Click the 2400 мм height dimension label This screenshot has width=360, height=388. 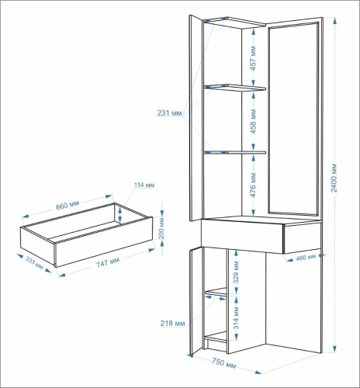[x=334, y=178]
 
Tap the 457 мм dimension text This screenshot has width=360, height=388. [x=253, y=58]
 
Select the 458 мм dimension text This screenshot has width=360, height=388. [x=253, y=121]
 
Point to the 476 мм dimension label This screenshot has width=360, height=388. [x=253, y=185]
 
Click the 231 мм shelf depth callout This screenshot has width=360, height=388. [x=170, y=113]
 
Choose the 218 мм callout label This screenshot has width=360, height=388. [x=172, y=323]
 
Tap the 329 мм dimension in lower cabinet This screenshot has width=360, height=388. [x=236, y=272]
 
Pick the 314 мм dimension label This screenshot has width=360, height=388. [x=236, y=317]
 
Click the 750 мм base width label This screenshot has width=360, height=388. [x=223, y=363]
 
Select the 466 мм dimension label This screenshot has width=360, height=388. [x=306, y=258]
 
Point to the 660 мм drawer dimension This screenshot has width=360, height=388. [x=67, y=206]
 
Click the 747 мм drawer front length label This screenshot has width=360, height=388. [x=108, y=263]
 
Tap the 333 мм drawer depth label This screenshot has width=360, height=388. [x=34, y=263]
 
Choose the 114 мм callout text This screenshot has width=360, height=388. [x=144, y=185]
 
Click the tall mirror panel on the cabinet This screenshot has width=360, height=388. [x=293, y=119]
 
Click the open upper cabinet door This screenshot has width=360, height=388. [x=196, y=118]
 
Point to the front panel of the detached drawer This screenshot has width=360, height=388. [x=104, y=241]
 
